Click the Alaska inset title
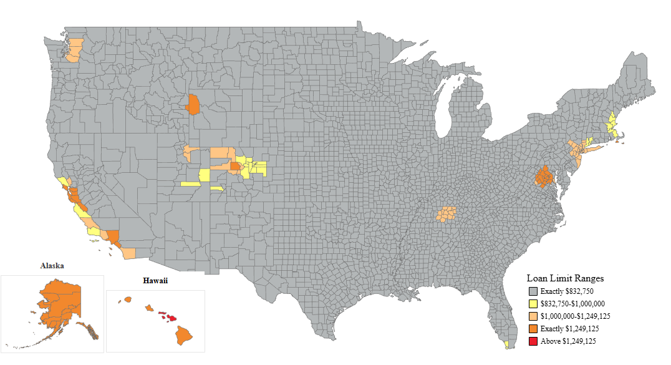point(52,265)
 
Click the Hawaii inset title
point(155,281)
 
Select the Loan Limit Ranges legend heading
point(565,278)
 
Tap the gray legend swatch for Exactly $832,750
point(533,291)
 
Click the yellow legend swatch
point(533,304)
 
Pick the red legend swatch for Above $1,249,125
point(533,341)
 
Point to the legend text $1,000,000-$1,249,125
point(575,316)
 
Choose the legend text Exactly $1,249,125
point(569,329)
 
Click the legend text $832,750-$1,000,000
point(572,304)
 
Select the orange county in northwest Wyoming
point(193,105)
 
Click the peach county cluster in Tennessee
point(447,215)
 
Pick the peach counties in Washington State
point(74,51)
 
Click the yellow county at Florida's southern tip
point(506,344)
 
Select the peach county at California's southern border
point(128,253)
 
